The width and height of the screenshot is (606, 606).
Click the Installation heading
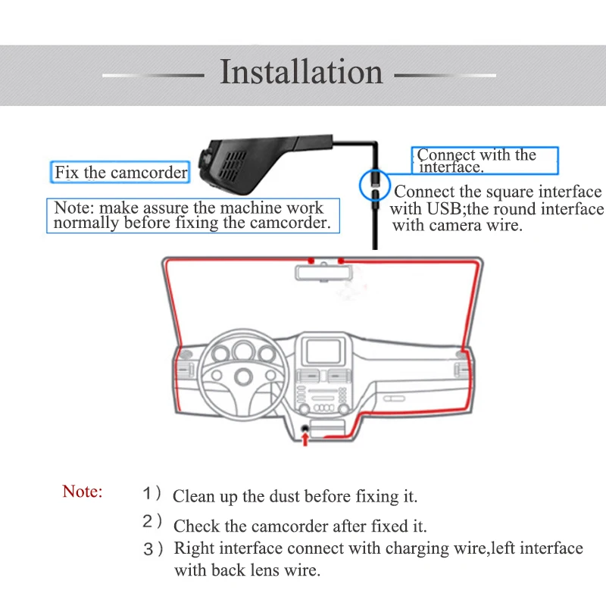[x=301, y=71]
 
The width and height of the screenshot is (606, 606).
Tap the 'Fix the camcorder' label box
[x=120, y=172]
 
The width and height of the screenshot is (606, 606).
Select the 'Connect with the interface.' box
[x=485, y=161]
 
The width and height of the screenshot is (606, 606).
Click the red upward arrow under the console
[x=305, y=439]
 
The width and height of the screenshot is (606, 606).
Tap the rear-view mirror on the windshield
[x=324, y=272]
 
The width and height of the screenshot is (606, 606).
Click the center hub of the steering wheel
[x=243, y=376]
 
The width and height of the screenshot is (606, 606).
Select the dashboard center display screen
[x=323, y=351]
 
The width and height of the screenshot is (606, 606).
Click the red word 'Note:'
[x=83, y=491]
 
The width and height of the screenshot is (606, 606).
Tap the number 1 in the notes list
[x=147, y=494]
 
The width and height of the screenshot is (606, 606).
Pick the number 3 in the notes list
[x=148, y=548]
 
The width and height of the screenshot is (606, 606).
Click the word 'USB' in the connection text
[x=445, y=209]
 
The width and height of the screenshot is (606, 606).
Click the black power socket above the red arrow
[x=305, y=428]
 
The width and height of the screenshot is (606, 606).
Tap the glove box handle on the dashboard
[x=394, y=398]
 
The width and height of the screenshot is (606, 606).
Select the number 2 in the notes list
[x=148, y=521]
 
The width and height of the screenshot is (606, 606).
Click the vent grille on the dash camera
[x=232, y=166]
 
